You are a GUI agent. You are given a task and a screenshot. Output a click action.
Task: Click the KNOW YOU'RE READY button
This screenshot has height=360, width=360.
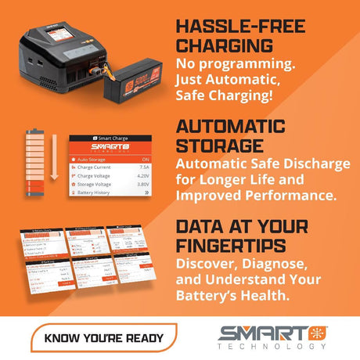point(103,338)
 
